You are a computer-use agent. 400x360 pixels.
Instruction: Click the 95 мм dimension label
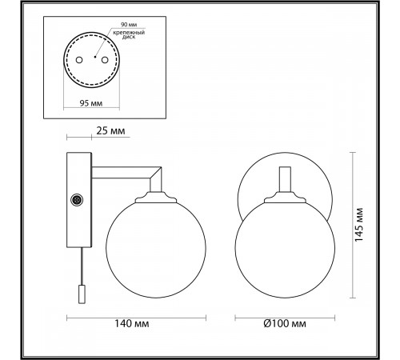pyautogui.click(x=91, y=103)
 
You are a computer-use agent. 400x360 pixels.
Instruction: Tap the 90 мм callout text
pyautogui.click(x=129, y=25)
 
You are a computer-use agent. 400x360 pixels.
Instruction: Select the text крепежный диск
pyautogui.click(x=129, y=35)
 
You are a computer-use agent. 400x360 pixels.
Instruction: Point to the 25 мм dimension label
pyautogui.click(x=110, y=131)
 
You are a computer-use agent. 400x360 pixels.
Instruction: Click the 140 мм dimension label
pyautogui.click(x=132, y=323)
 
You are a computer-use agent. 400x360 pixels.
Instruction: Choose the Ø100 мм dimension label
pyautogui.click(x=285, y=323)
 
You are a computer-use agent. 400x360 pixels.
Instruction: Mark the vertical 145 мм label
pyautogui.click(x=359, y=225)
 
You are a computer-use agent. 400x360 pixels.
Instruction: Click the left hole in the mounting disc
pyautogui.click(x=79, y=60)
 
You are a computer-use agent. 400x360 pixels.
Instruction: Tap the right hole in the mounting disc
pyautogui.click(x=105, y=60)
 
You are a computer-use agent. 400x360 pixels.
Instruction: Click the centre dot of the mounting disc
pyautogui.click(x=94, y=57)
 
